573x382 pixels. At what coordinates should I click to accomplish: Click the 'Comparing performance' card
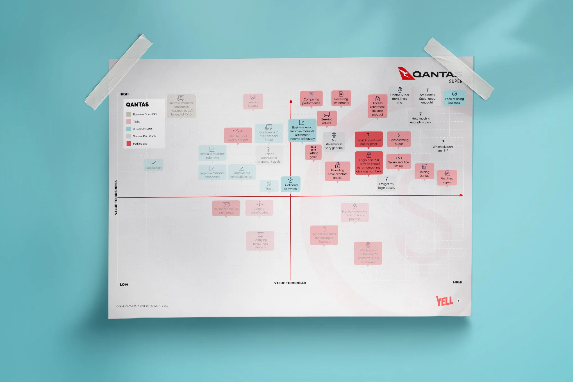[x=311, y=99]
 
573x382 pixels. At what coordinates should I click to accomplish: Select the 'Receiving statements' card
[x=341, y=98]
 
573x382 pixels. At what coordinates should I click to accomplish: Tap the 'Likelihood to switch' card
[x=290, y=184]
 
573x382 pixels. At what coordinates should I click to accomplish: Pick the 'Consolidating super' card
[x=399, y=139]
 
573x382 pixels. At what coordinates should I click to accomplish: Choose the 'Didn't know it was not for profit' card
[x=369, y=139]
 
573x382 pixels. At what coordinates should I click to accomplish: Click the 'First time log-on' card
[x=447, y=178]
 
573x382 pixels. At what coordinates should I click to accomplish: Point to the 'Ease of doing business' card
[x=454, y=98]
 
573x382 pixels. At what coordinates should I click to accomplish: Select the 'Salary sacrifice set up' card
[x=398, y=161]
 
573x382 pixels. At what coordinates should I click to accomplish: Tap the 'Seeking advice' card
[x=327, y=118]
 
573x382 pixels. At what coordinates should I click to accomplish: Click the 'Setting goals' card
[x=313, y=153]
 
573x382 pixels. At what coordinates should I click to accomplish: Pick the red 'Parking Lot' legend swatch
[x=129, y=144]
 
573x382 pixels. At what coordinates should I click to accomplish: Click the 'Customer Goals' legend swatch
[x=129, y=129]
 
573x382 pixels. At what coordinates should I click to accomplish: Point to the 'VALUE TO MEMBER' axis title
[x=290, y=283]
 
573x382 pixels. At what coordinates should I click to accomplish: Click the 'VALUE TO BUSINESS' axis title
[x=116, y=197]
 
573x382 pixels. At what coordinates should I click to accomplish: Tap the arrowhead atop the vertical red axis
[x=291, y=101]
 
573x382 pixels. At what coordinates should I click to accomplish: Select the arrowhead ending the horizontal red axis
[x=461, y=195]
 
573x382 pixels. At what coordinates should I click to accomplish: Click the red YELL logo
[x=444, y=301]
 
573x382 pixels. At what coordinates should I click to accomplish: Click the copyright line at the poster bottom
[x=142, y=306]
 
